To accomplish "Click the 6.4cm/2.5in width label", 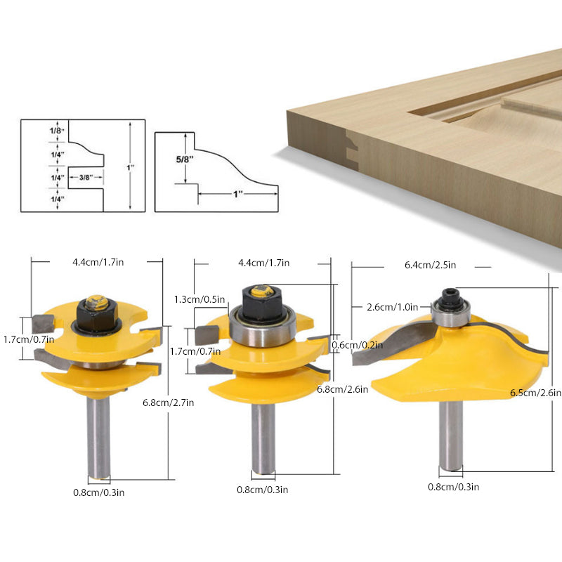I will click(x=430, y=265).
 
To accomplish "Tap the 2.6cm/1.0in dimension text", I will click(x=393, y=307).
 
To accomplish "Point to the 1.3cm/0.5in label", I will click(x=200, y=299).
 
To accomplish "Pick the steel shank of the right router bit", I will click(x=450, y=436).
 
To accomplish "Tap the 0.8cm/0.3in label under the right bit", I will click(x=454, y=487).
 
